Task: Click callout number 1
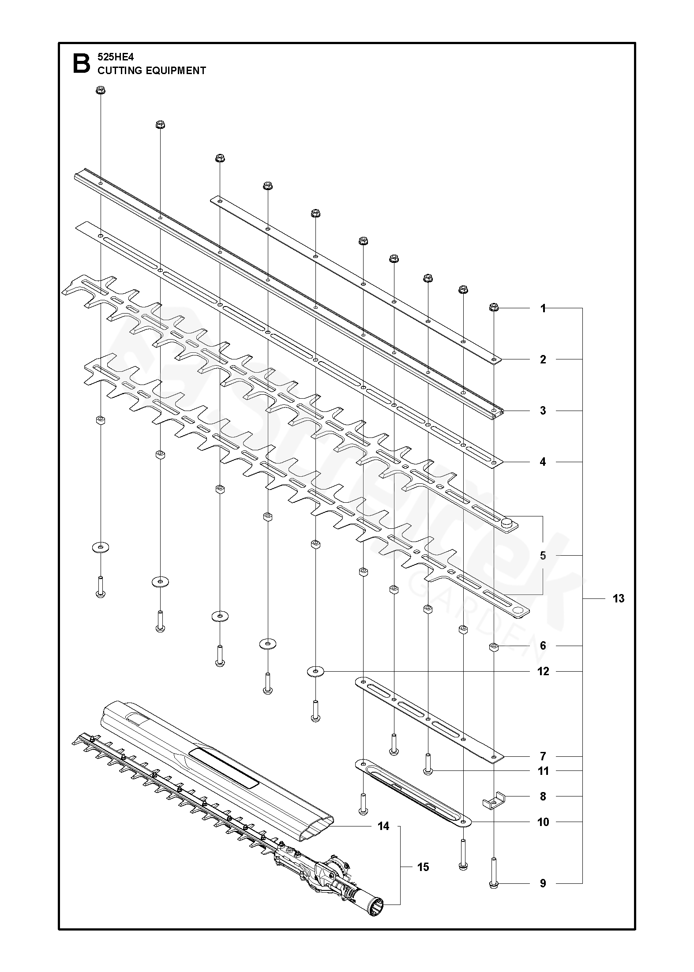pos(543,309)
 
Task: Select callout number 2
pos(543,359)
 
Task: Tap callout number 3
pos(543,411)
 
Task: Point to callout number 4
pos(543,462)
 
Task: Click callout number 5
pos(543,555)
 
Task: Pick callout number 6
pos(543,646)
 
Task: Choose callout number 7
pos(543,756)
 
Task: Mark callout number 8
pos(543,796)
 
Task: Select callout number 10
pos(543,822)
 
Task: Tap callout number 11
pos(543,771)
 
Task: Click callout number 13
pos(619,598)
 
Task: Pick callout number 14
pos(383,826)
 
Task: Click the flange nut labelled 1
pos(494,307)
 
